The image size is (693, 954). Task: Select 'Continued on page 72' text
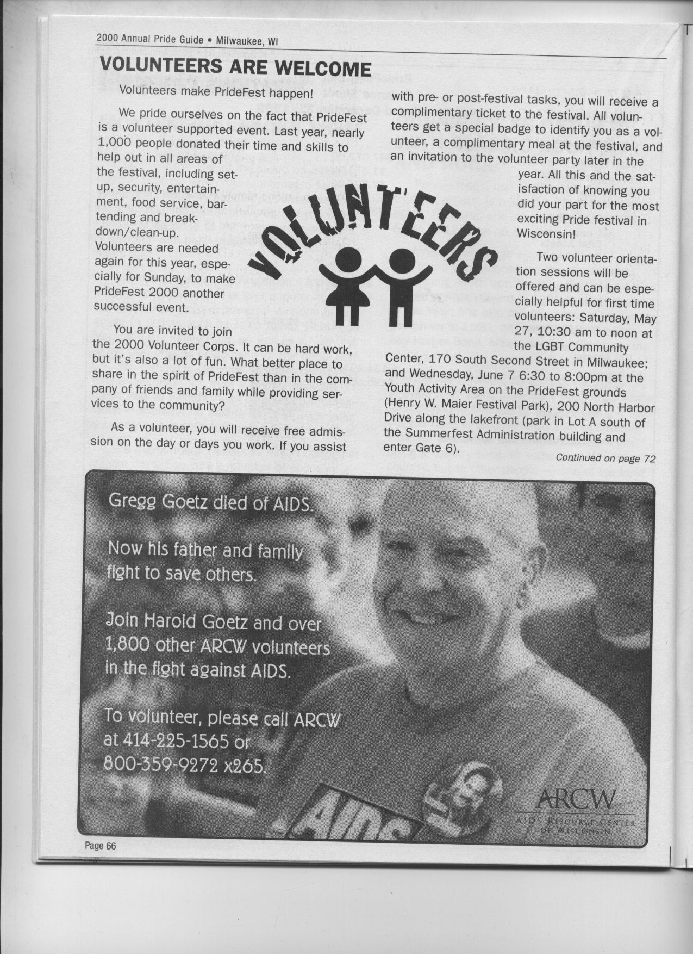click(x=605, y=459)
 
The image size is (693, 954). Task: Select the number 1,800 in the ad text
click(x=127, y=646)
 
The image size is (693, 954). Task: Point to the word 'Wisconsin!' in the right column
click(x=546, y=235)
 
